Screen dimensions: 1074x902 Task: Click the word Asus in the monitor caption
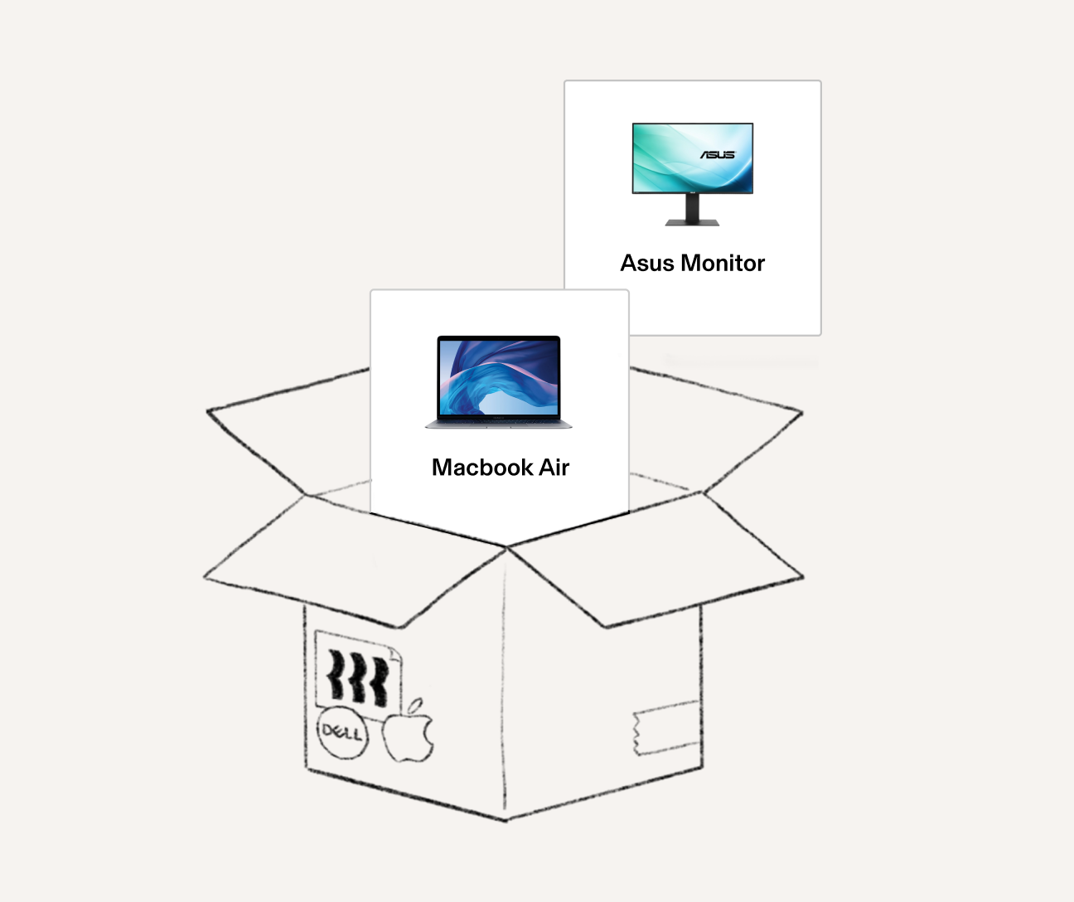pyautogui.click(x=646, y=264)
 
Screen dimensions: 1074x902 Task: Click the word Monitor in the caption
pyautogui.click(x=722, y=264)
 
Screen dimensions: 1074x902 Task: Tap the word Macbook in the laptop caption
pyautogui.click(x=482, y=468)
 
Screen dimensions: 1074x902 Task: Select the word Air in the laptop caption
pyautogui.click(x=554, y=468)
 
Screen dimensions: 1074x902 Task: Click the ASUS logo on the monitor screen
pyautogui.click(x=718, y=155)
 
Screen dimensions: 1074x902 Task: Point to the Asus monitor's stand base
pyautogui.click(x=693, y=221)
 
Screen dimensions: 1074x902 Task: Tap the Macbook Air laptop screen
pyautogui.click(x=499, y=376)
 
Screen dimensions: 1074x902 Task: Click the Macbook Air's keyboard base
pyautogui.click(x=499, y=424)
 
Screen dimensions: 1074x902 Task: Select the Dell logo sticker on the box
pyautogui.click(x=342, y=733)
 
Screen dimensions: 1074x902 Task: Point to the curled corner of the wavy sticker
pyautogui.click(x=394, y=654)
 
